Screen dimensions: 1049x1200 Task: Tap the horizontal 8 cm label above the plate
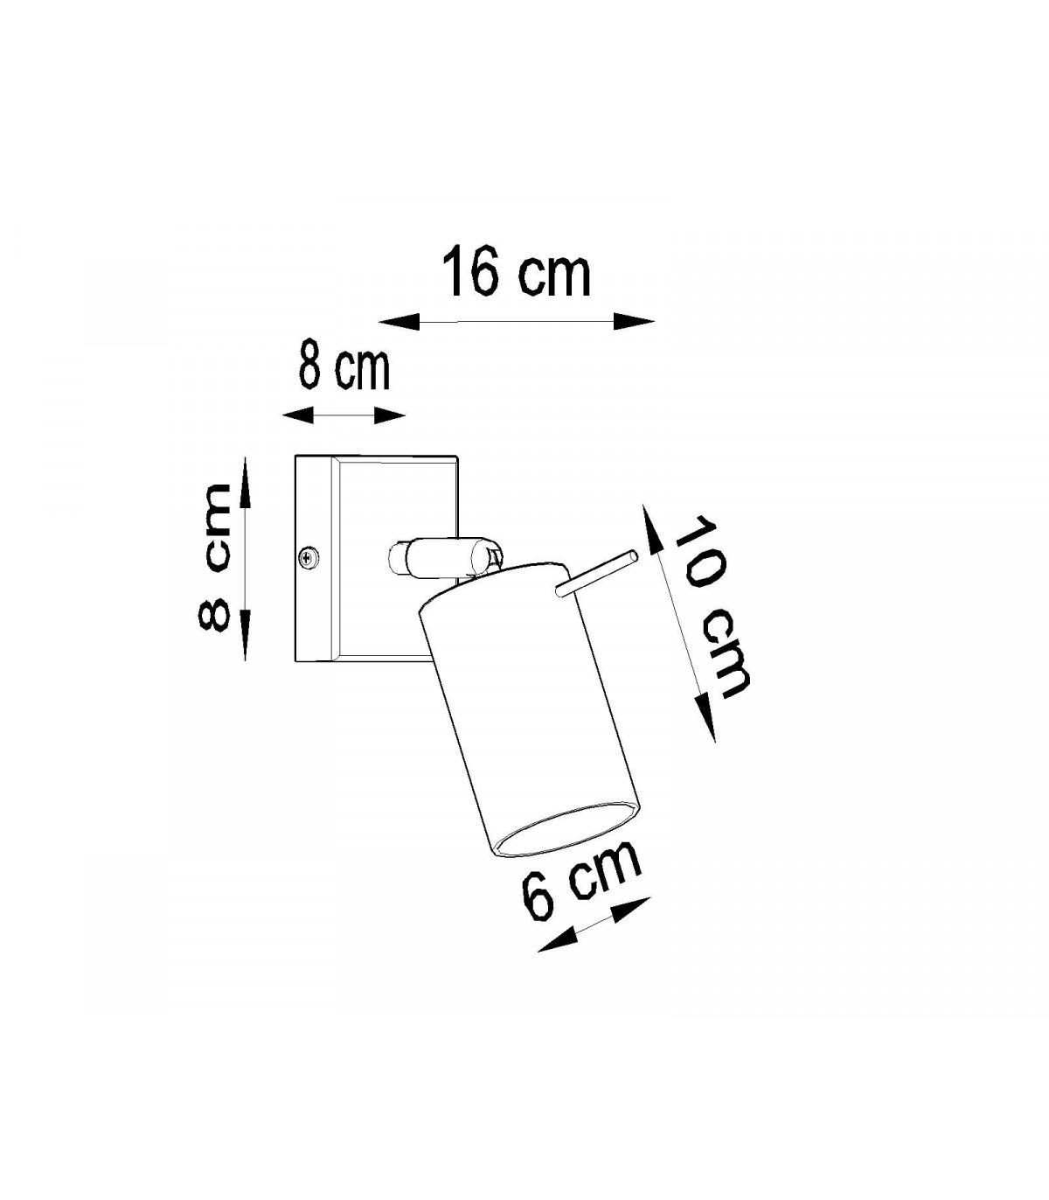(x=344, y=369)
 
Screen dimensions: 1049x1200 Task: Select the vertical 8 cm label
(x=214, y=557)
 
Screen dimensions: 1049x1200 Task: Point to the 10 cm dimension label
(x=711, y=606)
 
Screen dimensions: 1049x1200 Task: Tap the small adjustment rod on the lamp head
(x=595, y=573)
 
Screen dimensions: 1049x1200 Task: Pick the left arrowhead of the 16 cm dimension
(x=399, y=321)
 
